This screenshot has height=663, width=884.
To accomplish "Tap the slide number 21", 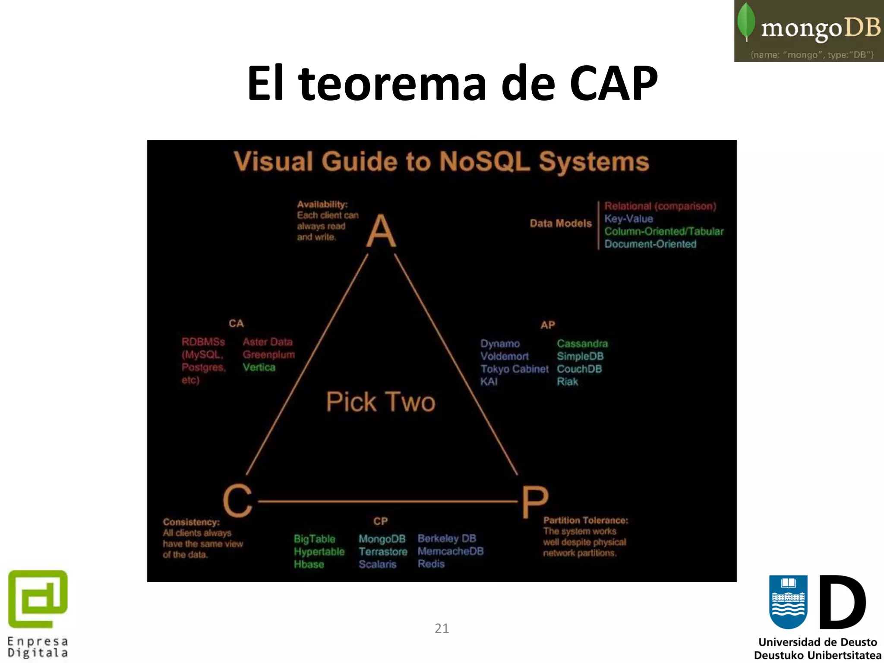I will [x=442, y=628].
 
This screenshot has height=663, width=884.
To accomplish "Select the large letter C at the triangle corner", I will [x=237, y=501].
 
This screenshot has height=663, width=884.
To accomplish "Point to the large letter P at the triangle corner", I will [x=535, y=502].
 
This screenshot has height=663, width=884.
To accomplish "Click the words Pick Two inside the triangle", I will [x=381, y=402].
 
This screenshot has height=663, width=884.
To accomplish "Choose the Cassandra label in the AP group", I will [x=582, y=344].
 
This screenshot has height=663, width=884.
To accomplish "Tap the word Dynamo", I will [x=500, y=344].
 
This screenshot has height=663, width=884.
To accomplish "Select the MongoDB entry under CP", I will [x=382, y=539].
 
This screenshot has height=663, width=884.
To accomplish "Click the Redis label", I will [x=431, y=564].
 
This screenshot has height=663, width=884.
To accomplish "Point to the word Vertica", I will [x=259, y=367].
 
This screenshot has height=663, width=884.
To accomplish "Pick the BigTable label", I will [x=314, y=539].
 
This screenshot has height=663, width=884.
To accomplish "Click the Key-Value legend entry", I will [x=628, y=219].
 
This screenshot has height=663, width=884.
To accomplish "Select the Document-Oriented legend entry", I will [x=650, y=244].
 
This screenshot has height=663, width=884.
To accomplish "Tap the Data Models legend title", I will [x=561, y=224].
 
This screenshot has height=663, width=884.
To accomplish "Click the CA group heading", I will [x=236, y=323].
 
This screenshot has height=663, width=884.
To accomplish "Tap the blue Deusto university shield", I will [x=788, y=601].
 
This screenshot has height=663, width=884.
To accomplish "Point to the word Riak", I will [x=567, y=382].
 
